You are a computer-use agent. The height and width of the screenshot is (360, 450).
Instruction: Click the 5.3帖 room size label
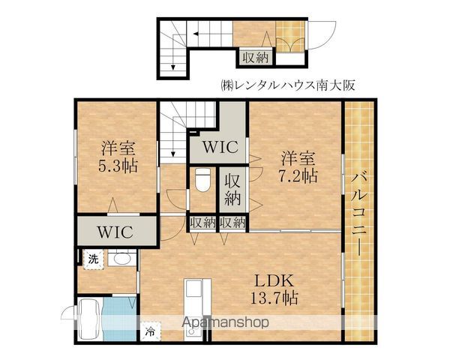[x=118, y=166]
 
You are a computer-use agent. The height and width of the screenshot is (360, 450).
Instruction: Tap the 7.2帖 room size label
[x=298, y=175]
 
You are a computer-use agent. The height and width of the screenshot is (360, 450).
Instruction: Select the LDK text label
[x=274, y=281]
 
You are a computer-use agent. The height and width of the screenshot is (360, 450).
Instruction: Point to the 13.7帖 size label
[x=274, y=298]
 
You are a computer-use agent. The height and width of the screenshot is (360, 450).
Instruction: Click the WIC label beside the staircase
[x=220, y=147]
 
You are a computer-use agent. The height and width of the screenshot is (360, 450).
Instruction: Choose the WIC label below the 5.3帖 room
[x=115, y=232]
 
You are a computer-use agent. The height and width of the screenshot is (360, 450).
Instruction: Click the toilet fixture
[x=202, y=180]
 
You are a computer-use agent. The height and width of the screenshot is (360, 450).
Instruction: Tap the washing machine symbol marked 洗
[x=93, y=259]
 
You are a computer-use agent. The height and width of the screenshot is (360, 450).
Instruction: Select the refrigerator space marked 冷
[x=151, y=331]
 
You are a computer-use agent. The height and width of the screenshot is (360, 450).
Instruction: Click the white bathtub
[x=90, y=319]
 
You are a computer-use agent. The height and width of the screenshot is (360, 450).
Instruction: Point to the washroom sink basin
[x=122, y=259]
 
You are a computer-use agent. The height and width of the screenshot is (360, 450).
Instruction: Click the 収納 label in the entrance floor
[x=256, y=58]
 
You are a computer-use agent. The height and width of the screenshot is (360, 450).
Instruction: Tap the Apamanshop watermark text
[x=225, y=322]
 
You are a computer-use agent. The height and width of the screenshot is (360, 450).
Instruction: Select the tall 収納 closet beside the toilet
[x=232, y=190]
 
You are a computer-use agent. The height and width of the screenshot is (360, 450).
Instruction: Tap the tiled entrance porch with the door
[x=290, y=37]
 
